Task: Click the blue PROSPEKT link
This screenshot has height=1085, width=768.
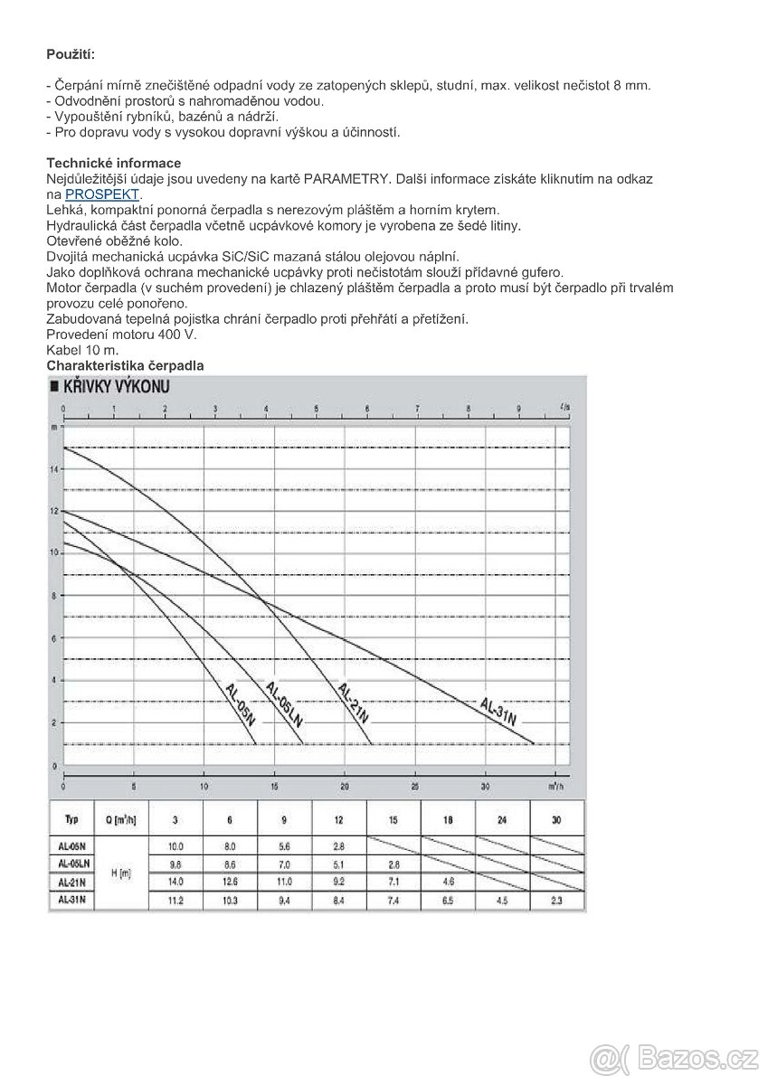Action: [x=102, y=194]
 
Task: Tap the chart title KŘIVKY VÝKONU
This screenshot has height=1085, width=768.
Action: [x=117, y=387]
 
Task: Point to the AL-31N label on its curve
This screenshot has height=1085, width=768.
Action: [x=498, y=712]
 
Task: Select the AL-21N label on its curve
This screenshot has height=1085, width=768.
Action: [x=353, y=703]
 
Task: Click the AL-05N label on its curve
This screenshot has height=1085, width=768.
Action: [x=240, y=704]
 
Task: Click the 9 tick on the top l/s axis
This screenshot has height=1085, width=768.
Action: [x=518, y=408]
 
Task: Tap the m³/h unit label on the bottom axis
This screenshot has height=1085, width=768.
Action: [x=558, y=786]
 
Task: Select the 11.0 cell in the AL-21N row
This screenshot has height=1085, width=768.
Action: [x=285, y=880]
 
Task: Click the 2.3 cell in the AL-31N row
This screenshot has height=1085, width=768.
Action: [x=555, y=900]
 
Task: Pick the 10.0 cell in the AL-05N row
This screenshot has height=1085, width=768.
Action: [x=175, y=846]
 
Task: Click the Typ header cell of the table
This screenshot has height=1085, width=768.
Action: [x=71, y=819]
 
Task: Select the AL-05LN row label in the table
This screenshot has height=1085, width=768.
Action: [x=71, y=864]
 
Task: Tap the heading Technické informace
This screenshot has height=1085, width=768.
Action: [x=114, y=163]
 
